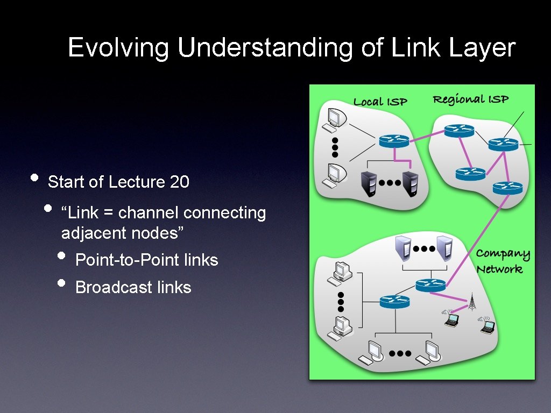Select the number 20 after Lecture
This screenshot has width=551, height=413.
[x=179, y=182]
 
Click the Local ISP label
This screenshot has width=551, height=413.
[x=380, y=102]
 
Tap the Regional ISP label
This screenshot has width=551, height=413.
[x=470, y=99]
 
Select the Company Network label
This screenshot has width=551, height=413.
[x=502, y=261]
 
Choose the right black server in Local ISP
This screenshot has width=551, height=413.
[x=410, y=184]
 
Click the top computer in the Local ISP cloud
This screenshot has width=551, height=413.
[x=333, y=119]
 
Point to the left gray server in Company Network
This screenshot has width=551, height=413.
[x=404, y=248]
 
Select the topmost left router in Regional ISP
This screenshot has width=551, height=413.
[x=459, y=131]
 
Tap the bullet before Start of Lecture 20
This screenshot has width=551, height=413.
[x=34, y=178]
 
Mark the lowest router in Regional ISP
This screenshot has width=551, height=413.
[x=507, y=188]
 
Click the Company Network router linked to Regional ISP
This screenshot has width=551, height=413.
[x=430, y=285]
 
